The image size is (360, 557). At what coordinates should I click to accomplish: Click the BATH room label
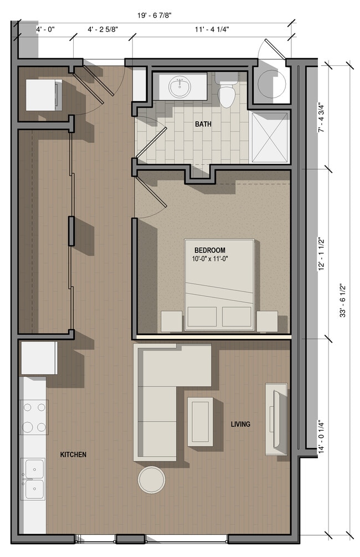click(203, 124)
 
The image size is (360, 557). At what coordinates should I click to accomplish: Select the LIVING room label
click(240, 424)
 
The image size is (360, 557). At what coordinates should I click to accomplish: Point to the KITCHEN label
click(73, 454)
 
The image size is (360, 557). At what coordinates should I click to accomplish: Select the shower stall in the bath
click(270, 137)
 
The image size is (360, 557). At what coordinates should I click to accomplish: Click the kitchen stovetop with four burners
click(34, 417)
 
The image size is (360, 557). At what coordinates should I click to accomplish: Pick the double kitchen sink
click(33, 479)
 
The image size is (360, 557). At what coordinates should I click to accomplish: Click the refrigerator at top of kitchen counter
click(39, 358)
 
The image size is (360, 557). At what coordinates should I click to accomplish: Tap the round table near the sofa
click(151, 479)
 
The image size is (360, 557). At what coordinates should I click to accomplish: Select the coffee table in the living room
click(199, 421)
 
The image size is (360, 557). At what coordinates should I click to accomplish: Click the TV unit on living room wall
click(276, 418)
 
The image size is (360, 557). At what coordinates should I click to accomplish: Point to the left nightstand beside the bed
click(171, 320)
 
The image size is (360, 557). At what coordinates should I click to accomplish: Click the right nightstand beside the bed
click(267, 320)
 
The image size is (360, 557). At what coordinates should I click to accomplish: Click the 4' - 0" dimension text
click(45, 28)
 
